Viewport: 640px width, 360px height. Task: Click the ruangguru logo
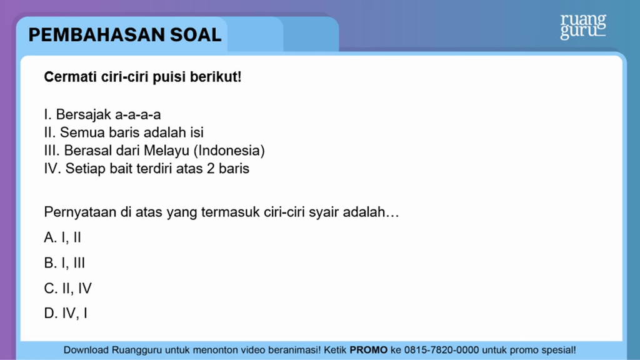tap(583, 27)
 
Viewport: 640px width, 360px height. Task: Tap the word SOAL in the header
tap(196, 35)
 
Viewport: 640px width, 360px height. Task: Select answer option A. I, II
tap(62, 237)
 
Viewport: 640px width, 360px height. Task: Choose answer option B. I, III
tap(64, 263)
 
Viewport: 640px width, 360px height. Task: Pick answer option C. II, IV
tap(67, 288)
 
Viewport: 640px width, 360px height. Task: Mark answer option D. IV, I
tap(66, 313)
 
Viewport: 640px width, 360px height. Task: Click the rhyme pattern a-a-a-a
tap(138, 115)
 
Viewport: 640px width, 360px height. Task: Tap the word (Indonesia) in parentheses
tap(229, 151)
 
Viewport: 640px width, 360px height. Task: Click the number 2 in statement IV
tap(211, 169)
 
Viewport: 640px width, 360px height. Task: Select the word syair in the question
tap(324, 212)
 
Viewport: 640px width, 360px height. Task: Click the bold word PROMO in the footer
tap(369, 350)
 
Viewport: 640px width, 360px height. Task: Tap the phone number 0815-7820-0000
tap(442, 350)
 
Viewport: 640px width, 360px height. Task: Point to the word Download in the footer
tap(86, 350)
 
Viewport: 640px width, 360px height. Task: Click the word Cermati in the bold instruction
tap(70, 77)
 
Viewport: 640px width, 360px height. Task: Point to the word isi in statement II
tap(197, 132)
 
